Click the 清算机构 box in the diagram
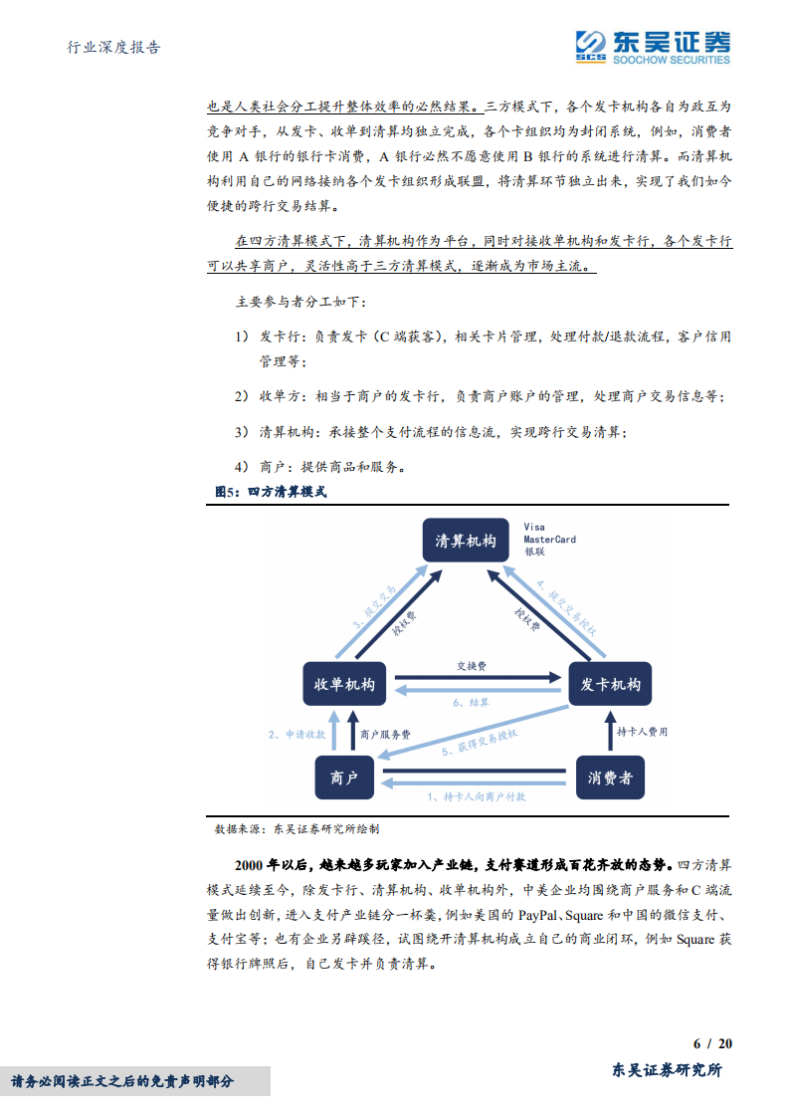tap(466, 541)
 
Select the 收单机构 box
tap(343, 685)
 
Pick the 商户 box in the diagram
tap(344, 778)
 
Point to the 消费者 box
tap(610, 778)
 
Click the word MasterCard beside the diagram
tap(549, 540)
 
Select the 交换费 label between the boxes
tap(472, 664)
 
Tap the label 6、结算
tap(472, 702)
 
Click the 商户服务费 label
tap(386, 734)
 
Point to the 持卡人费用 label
tap(643, 732)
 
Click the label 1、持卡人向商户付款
tap(477, 796)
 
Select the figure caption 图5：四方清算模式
tap(271, 492)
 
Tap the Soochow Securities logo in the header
tap(653, 45)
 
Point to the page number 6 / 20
tap(712, 1043)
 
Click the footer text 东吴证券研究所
tap(667, 1070)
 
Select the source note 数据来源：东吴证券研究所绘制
tap(296, 827)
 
